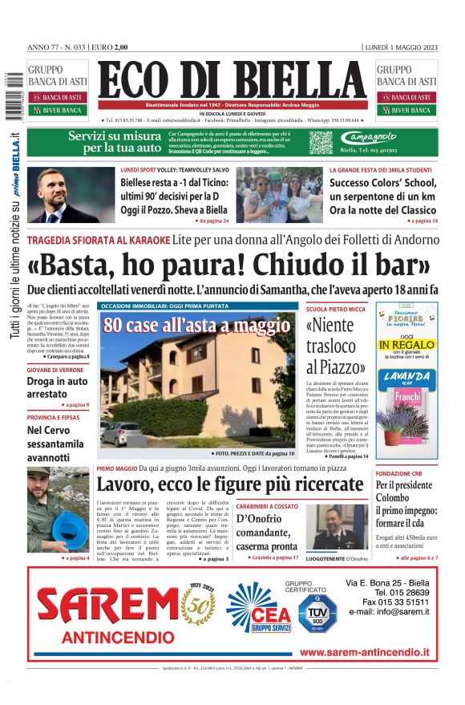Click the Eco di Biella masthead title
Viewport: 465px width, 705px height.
pos(232,81)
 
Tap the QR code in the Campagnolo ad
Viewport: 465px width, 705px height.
pos(321,143)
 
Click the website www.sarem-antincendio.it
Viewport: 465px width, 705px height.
pos(364,653)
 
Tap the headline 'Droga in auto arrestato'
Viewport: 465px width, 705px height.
pos(57,387)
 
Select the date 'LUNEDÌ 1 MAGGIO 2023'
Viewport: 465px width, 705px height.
pos(402,47)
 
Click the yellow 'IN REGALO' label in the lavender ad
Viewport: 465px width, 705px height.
pos(406,345)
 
